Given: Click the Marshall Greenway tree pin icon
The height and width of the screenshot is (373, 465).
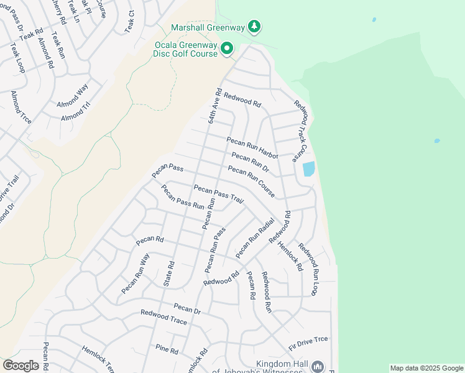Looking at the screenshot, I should [x=254, y=27].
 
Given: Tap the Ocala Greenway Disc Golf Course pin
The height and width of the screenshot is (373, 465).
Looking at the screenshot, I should [x=228, y=48].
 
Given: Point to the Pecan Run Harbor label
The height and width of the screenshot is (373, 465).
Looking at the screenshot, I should [x=252, y=147].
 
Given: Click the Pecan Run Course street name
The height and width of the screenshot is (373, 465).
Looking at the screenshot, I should [x=251, y=182].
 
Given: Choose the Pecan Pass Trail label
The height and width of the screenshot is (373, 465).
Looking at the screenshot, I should [x=218, y=194].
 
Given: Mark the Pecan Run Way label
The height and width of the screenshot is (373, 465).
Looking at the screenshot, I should [x=136, y=274].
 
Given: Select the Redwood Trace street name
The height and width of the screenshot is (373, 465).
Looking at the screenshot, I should [x=163, y=317].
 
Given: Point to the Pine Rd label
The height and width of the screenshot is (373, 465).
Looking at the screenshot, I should [x=167, y=349].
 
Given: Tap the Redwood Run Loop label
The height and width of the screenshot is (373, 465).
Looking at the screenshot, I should [x=311, y=269].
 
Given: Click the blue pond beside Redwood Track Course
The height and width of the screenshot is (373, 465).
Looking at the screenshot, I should [x=308, y=169].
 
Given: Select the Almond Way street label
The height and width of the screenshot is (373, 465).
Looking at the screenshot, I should [x=72, y=96].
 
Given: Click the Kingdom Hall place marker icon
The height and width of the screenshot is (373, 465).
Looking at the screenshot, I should [x=318, y=367].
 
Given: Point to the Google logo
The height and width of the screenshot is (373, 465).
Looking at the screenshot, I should [x=21, y=366].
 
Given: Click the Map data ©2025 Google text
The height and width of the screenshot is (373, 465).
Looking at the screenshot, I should [x=426, y=368].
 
